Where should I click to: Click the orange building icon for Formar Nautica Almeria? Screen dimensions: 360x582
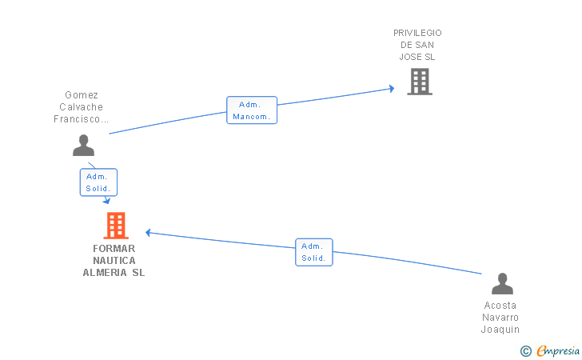[x=116, y=226]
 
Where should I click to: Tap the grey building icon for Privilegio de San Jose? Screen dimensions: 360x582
[x=419, y=82]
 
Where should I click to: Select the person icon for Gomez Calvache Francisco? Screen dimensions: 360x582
[x=83, y=146]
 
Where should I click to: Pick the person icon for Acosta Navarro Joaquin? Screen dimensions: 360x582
[x=502, y=284]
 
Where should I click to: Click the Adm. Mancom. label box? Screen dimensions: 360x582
[x=252, y=110]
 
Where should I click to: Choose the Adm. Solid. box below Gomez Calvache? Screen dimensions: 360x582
[x=98, y=182]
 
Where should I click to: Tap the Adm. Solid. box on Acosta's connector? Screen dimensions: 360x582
[x=313, y=252]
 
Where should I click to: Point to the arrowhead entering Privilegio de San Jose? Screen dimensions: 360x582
[x=391, y=88]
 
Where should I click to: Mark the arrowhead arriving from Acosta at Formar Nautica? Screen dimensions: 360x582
[x=149, y=233]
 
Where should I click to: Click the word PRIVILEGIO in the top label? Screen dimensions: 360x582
[x=417, y=33]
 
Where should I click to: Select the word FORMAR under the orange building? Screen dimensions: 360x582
[x=114, y=248]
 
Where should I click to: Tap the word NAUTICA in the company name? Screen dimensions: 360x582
[x=114, y=260]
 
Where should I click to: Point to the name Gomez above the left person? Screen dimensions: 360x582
[x=82, y=94]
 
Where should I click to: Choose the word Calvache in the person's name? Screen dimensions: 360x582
[x=82, y=106]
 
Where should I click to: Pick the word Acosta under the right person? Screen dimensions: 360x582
[x=500, y=305]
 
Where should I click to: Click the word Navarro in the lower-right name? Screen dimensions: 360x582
[x=500, y=317]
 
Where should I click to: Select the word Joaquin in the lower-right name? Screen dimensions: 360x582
[x=500, y=330]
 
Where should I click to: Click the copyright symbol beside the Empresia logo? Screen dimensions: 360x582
[x=525, y=350]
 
